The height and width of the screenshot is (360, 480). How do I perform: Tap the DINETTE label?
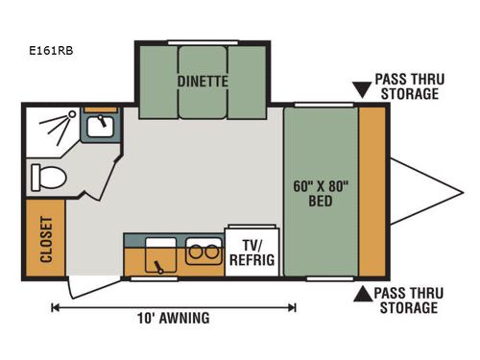[x=203, y=82]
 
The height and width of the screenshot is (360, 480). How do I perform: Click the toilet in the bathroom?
[x=46, y=177]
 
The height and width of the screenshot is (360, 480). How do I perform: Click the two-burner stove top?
[x=202, y=253]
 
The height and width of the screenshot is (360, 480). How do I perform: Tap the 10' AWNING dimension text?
[x=172, y=319]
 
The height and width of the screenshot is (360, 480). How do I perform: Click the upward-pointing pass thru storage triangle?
[x=363, y=294]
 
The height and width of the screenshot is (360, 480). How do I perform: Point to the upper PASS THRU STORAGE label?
[x=408, y=87]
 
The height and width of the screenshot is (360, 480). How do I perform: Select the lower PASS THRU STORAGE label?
[x=408, y=300]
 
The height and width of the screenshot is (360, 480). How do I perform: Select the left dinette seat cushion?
[x=155, y=83]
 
